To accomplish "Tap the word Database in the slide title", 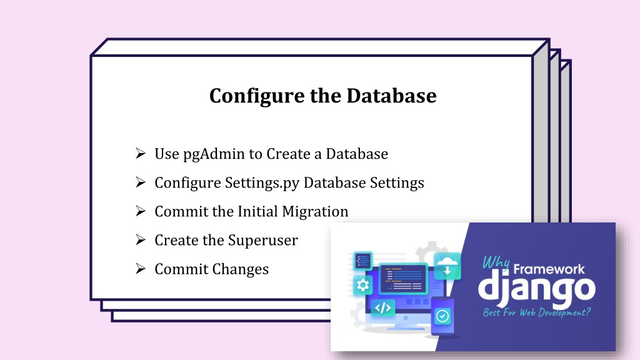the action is coord(391,96).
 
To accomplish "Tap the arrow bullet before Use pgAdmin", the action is coord(141,154).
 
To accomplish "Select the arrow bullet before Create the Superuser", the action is coord(141,239).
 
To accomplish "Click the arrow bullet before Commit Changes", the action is coord(141,269).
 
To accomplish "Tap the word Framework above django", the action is coord(549,269).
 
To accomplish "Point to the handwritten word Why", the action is coord(496,263).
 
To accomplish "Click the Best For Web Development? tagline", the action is coord(537,312).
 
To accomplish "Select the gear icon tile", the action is coord(362,285).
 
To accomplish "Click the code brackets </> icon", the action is coord(383,307).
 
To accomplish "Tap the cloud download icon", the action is coord(447,266).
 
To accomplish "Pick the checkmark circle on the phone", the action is coord(442,316).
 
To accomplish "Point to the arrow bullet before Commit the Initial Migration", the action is coord(141,211).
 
